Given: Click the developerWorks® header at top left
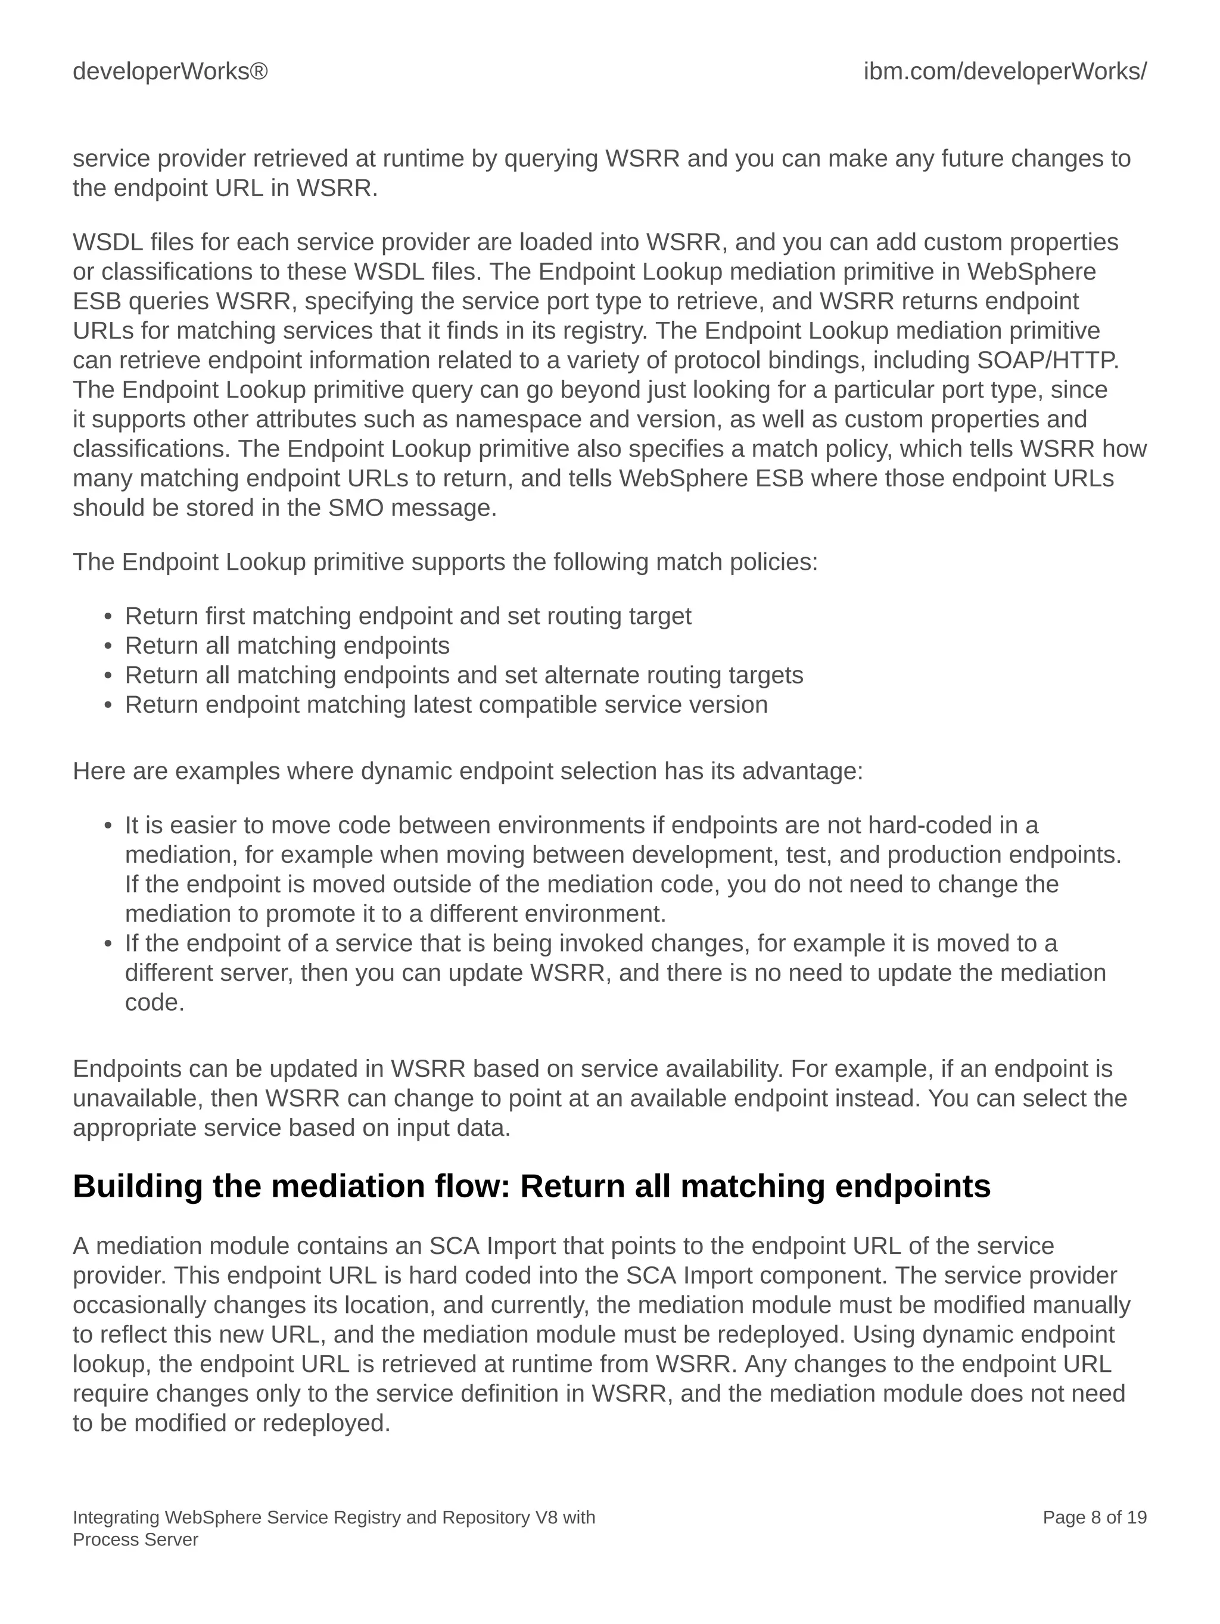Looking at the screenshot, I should coord(170,71).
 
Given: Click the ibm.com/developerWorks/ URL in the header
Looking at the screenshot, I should coord(1004,71).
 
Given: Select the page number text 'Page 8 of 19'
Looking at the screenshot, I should coord(1094,1517).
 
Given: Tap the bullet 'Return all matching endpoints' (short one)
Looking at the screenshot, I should coord(287,645).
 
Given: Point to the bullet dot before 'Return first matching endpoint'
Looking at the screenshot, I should coord(108,617).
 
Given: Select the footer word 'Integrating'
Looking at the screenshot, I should coord(116,1517).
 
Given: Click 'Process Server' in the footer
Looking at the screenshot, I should coord(135,1539).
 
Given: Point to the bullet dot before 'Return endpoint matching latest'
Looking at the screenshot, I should coord(108,706).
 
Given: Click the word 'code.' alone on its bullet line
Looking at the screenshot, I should coord(154,1002).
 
